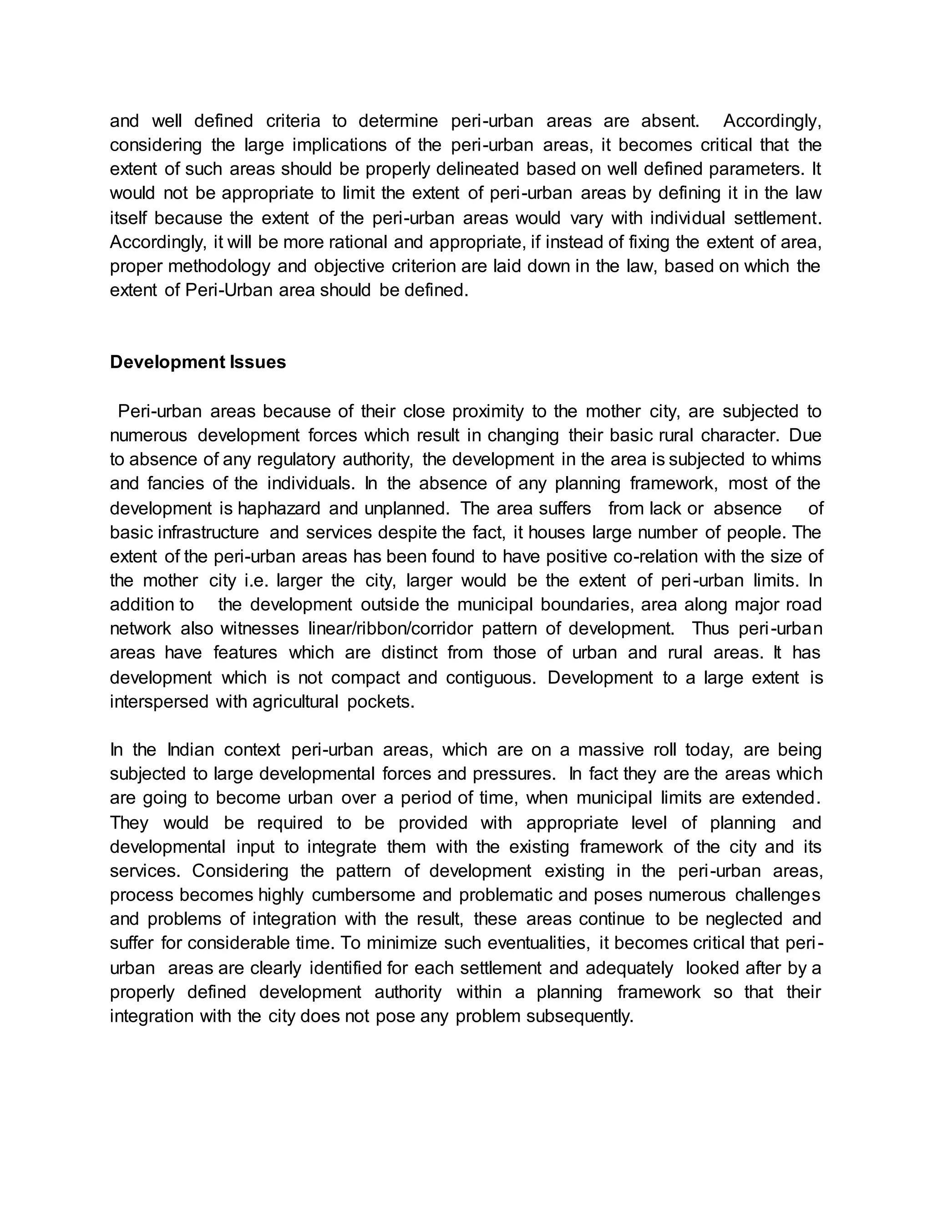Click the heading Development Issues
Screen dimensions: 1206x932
click(x=198, y=362)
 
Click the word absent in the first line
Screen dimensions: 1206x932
click(x=670, y=121)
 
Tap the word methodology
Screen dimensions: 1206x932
click(x=218, y=266)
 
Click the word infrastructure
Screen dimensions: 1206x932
click(x=208, y=532)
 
